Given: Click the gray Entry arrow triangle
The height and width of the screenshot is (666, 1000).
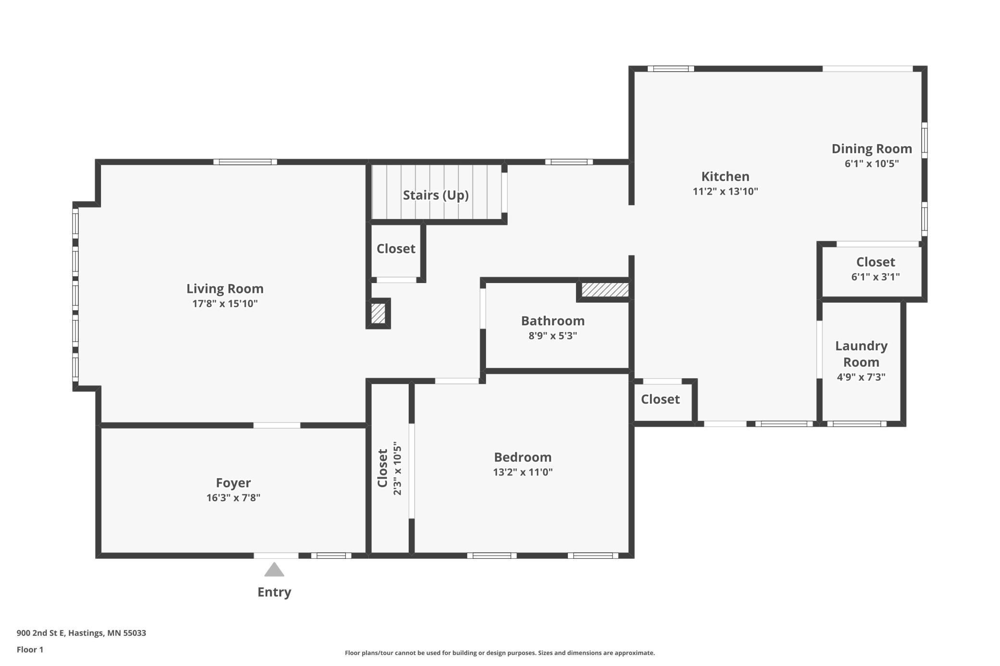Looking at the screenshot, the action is (274, 569).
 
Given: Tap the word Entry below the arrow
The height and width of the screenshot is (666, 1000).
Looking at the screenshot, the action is (274, 592).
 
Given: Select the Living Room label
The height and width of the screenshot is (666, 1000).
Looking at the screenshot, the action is (225, 288).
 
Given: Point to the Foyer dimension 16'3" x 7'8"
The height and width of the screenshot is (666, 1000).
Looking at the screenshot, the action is (233, 497).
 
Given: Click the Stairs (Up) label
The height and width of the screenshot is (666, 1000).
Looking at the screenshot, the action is (436, 195).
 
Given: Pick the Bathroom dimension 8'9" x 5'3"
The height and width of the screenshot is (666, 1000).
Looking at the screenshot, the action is (552, 335).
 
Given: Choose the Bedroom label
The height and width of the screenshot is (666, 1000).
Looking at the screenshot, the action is (523, 457).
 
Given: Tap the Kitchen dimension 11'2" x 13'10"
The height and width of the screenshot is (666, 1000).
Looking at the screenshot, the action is (725, 191).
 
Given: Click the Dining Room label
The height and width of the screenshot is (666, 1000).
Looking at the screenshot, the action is (872, 149).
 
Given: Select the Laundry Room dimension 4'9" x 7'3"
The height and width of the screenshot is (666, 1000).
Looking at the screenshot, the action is (861, 377).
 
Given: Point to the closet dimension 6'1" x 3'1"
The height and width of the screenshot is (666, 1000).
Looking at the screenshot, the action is (875, 277).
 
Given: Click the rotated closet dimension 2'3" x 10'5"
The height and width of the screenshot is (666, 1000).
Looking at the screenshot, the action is (397, 468).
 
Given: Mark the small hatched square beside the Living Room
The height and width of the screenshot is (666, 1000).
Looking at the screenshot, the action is (378, 313).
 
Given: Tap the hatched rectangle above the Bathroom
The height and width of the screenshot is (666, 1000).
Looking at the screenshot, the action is (605, 290).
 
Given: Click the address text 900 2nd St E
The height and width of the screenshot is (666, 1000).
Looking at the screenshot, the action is (40, 633).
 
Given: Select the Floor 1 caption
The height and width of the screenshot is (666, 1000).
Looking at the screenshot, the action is (30, 650).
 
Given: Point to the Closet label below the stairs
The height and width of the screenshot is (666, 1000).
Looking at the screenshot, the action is (396, 248).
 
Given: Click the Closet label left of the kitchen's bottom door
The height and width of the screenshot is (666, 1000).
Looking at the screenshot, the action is (660, 399).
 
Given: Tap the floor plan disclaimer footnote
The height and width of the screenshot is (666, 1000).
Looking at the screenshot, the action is (500, 653).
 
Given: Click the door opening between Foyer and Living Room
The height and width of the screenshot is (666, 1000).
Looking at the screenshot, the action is (277, 425).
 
